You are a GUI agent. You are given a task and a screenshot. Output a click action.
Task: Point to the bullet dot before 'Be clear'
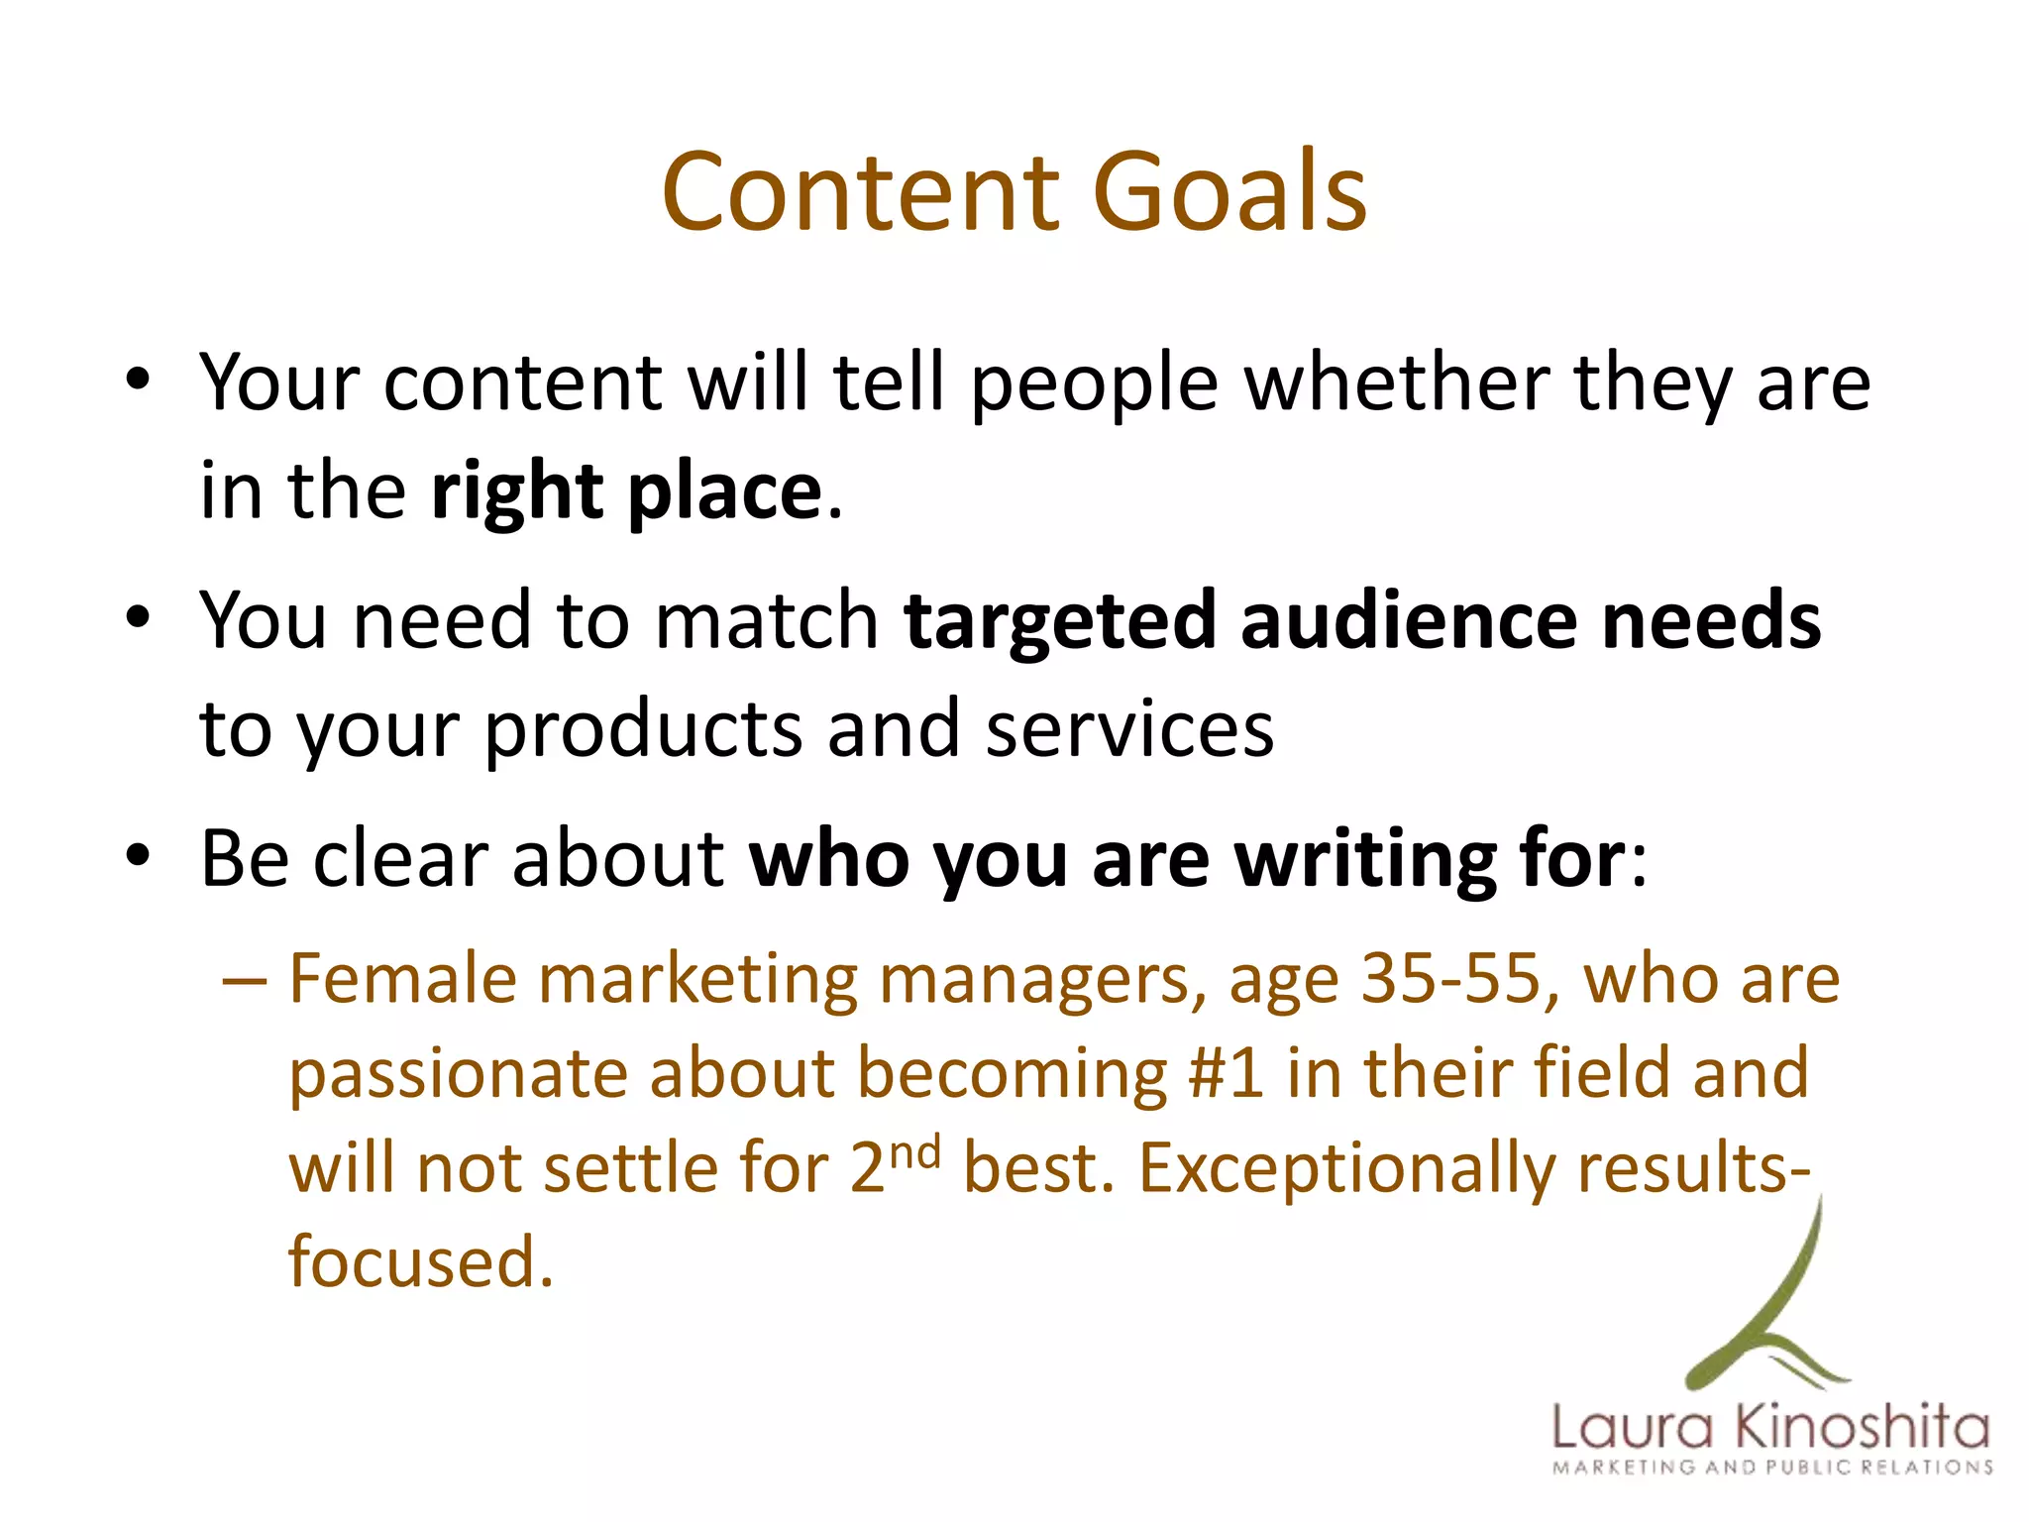click(x=138, y=854)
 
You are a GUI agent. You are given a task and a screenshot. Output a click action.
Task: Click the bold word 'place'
click(x=724, y=492)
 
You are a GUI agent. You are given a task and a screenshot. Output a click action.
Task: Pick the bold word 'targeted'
click(x=1059, y=622)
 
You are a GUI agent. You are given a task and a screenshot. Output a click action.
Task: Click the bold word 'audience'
click(x=1408, y=620)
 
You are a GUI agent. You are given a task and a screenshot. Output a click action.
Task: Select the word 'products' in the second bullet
click(x=643, y=731)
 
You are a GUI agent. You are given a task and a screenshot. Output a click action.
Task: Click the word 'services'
click(x=1129, y=729)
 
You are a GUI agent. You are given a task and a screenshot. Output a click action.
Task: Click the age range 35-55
click(x=1451, y=979)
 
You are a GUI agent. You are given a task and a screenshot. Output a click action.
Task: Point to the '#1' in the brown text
click(x=1226, y=1073)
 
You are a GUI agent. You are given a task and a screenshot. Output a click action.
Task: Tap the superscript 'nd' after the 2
click(x=914, y=1153)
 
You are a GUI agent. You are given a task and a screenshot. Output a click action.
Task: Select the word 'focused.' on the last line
click(x=420, y=1261)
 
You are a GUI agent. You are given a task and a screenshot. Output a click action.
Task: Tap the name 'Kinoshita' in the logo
click(x=1863, y=1428)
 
